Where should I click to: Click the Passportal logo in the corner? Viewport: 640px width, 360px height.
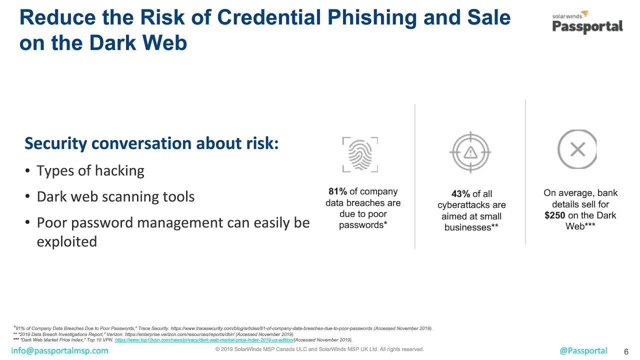587,22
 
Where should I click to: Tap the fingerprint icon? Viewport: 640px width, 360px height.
360,154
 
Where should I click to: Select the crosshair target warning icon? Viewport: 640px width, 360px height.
470,152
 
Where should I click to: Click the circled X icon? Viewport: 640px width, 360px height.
577,149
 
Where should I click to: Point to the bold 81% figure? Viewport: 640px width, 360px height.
337,191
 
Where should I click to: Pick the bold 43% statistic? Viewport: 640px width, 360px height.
460,193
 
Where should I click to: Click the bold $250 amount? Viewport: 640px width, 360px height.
554,215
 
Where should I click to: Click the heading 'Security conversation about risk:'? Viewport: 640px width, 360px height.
151,143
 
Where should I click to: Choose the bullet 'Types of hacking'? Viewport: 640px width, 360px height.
90,171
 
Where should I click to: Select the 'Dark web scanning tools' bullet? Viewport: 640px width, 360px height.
115,196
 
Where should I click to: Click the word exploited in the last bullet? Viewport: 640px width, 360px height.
67,241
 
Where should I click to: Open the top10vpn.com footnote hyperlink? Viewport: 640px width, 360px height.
204,339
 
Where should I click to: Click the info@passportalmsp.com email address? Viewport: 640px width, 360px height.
59,350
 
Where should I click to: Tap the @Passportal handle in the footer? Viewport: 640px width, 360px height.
583,350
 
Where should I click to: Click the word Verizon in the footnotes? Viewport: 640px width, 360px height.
115,334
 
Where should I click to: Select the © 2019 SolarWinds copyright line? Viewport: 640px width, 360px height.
319,349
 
